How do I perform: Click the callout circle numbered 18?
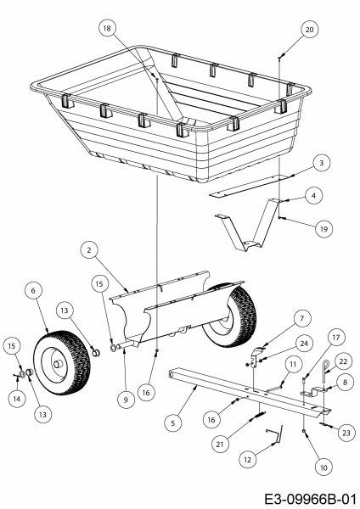(107, 28)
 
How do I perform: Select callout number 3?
(320, 161)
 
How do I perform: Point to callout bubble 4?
(315, 196)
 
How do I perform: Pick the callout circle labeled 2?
(87, 249)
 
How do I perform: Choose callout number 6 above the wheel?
(32, 291)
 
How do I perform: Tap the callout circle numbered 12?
(248, 459)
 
